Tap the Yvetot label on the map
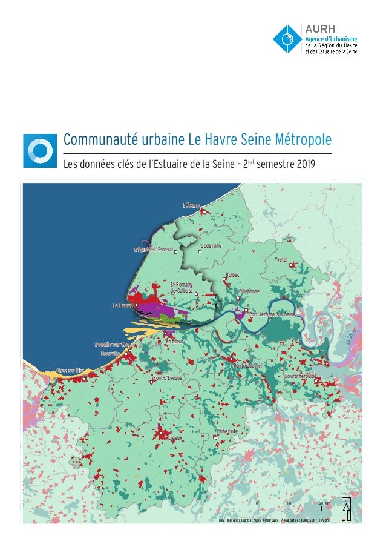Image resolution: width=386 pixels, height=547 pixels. [x=281, y=259]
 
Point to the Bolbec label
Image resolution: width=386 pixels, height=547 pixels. [x=232, y=275]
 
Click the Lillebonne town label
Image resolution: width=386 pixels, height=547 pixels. [x=250, y=291]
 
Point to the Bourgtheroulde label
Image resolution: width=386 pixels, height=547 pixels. [x=301, y=376]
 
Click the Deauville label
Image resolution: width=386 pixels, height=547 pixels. [x=110, y=353]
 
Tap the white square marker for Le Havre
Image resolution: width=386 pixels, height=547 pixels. [x=136, y=305]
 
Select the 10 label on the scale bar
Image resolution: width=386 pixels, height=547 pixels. [x=288, y=503]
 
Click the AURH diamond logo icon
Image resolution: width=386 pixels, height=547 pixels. [x=287, y=38]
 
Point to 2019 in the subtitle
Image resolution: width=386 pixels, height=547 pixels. [x=296, y=164]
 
